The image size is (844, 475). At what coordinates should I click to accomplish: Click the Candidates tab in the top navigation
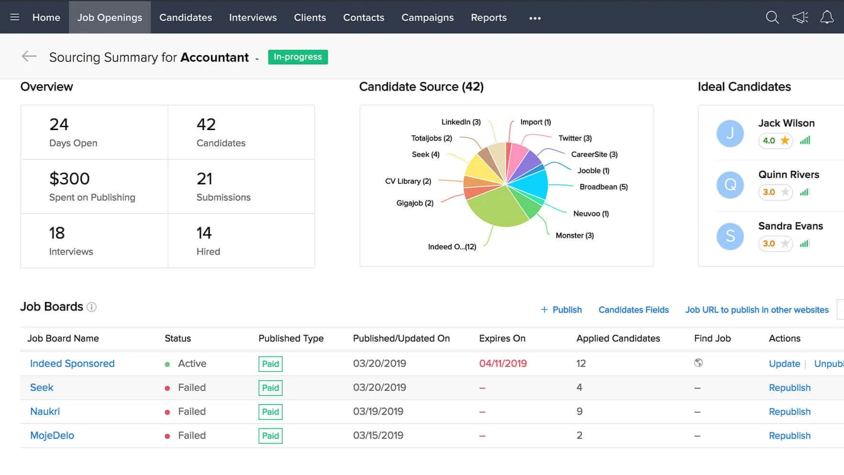point(186,18)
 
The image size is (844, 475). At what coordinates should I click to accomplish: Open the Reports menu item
point(489,18)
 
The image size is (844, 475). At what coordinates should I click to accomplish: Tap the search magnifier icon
point(772,18)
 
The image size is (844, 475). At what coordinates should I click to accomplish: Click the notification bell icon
point(827,18)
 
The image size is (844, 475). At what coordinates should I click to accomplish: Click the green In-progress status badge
point(298,57)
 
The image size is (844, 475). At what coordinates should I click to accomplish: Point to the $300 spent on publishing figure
point(69,179)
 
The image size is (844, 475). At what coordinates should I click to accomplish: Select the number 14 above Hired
point(204,233)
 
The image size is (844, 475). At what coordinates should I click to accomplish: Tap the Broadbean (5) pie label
point(603,187)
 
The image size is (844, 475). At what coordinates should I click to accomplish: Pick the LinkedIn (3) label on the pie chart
point(461,122)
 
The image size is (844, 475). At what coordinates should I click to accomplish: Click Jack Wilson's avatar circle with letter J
point(730,133)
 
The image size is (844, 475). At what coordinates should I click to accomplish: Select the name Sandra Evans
point(790,226)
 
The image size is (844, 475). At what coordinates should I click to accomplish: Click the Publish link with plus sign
point(561,309)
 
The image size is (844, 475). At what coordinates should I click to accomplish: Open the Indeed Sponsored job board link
point(72,364)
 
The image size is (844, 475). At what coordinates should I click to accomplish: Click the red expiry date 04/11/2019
point(503,364)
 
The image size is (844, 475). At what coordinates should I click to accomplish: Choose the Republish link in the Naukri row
point(789,411)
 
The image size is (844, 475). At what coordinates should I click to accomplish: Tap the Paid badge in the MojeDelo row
point(270,436)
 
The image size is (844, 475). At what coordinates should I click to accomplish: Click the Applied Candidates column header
point(618,338)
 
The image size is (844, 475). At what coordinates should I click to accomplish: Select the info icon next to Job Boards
point(91,307)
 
